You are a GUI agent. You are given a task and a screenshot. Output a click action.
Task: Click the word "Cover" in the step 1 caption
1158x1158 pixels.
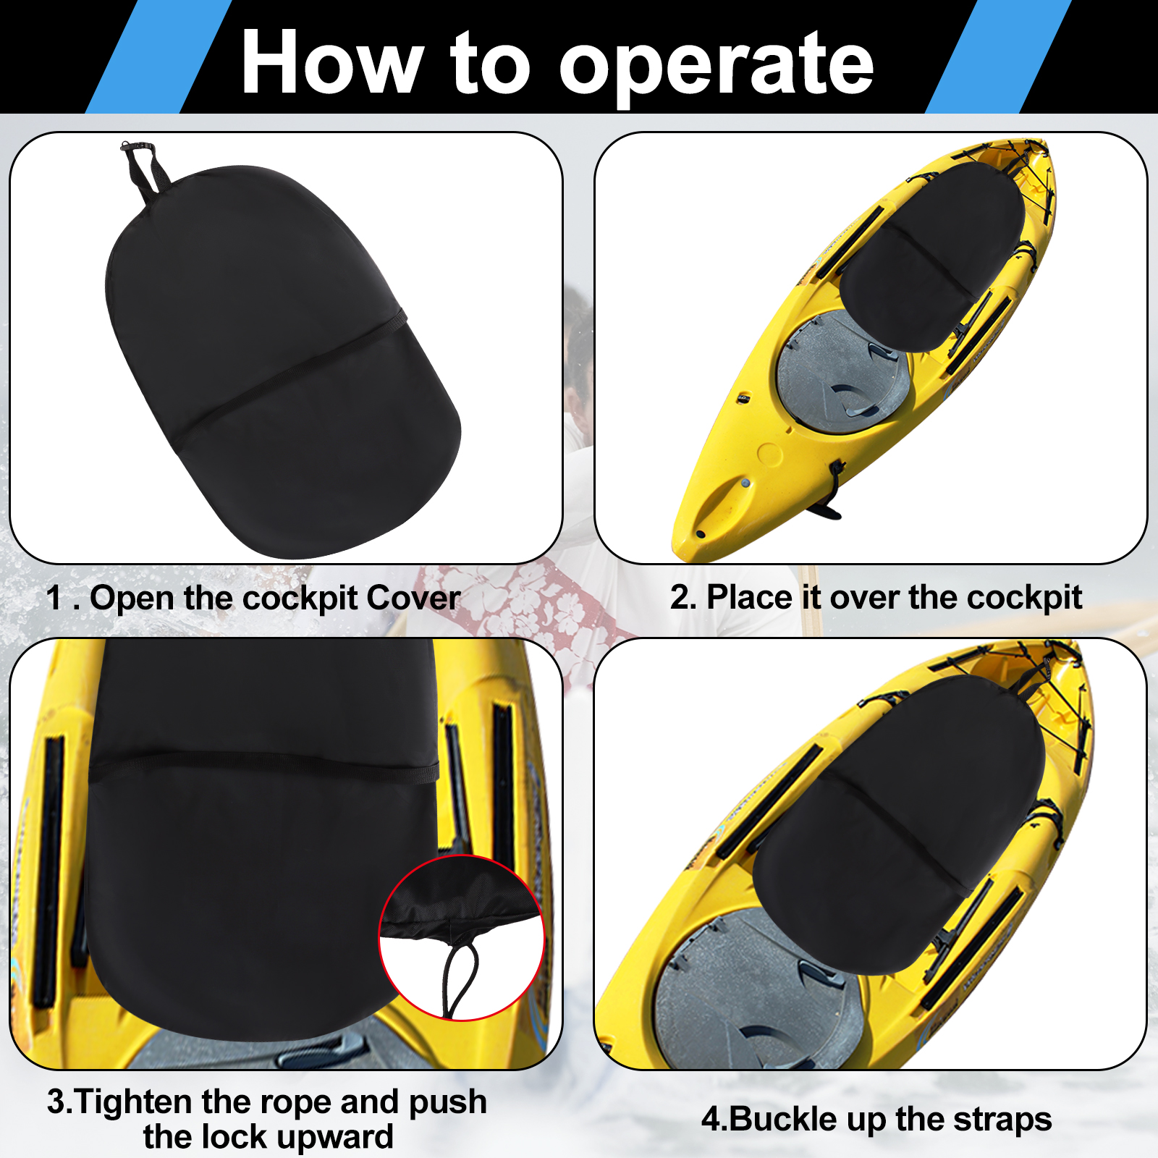[413, 598]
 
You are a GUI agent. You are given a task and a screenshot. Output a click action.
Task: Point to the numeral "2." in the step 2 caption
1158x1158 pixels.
[683, 598]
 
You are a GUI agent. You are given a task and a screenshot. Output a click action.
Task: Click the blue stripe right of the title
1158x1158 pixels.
[999, 56]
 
